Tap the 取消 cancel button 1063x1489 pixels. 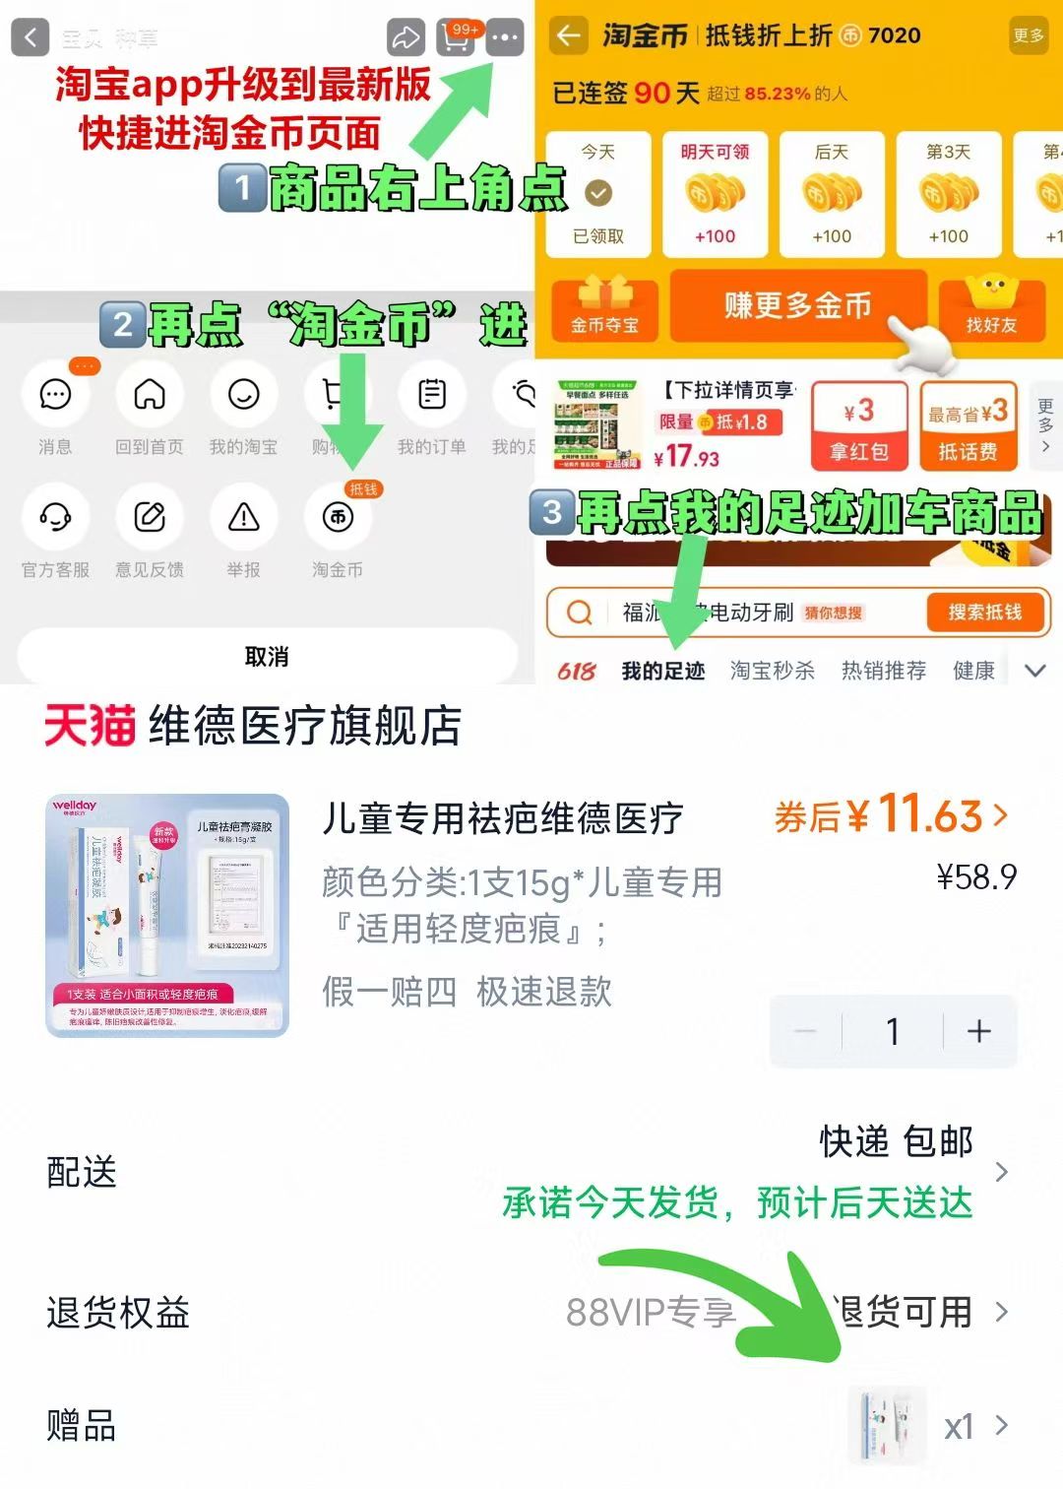tap(266, 656)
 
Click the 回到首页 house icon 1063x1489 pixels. tap(150, 396)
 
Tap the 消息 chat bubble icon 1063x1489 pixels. tap(55, 396)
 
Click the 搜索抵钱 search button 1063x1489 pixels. tap(984, 613)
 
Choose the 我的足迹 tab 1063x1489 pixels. tap(662, 672)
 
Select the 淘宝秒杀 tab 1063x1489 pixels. tap(772, 672)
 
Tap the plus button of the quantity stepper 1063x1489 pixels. tap(979, 1031)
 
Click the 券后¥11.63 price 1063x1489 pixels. tap(891, 815)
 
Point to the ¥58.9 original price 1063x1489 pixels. tap(975, 876)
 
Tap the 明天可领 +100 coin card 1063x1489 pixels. tap(715, 195)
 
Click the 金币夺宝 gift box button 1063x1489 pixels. tap(604, 308)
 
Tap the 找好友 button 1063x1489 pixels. tap(991, 309)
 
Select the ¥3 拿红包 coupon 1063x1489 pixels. tap(859, 425)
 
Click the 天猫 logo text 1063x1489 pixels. tap(90, 727)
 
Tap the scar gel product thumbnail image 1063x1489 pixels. tap(167, 915)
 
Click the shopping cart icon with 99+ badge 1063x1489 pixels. tap(456, 38)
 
